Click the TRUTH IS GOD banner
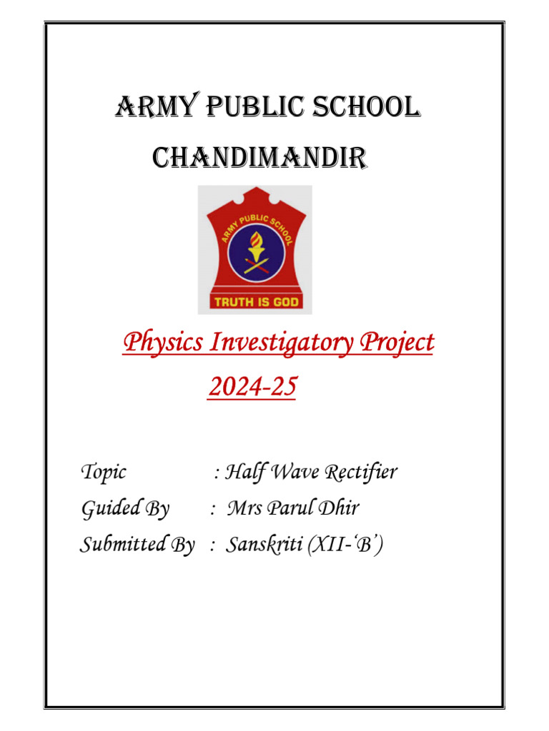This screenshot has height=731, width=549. (x=255, y=302)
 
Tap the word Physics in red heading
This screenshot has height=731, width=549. (x=161, y=344)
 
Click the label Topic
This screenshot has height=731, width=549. (x=104, y=473)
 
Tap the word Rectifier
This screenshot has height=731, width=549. (x=361, y=473)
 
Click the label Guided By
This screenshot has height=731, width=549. (x=126, y=510)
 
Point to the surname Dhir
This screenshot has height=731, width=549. (x=338, y=510)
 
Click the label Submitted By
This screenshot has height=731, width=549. (x=137, y=546)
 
